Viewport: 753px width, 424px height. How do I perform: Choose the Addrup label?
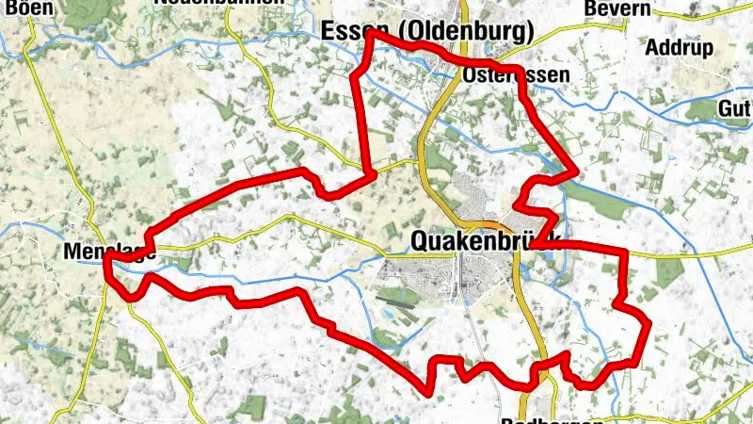(679, 47)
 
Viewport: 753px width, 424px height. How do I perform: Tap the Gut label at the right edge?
(733, 108)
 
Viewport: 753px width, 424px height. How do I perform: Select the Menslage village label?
(109, 252)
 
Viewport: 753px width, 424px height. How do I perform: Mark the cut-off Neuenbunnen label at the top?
(218, 3)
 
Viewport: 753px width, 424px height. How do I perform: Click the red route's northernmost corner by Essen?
(370, 32)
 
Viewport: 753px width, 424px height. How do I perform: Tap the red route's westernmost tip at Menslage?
(106, 255)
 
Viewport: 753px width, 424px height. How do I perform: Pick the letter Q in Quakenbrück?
(421, 242)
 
